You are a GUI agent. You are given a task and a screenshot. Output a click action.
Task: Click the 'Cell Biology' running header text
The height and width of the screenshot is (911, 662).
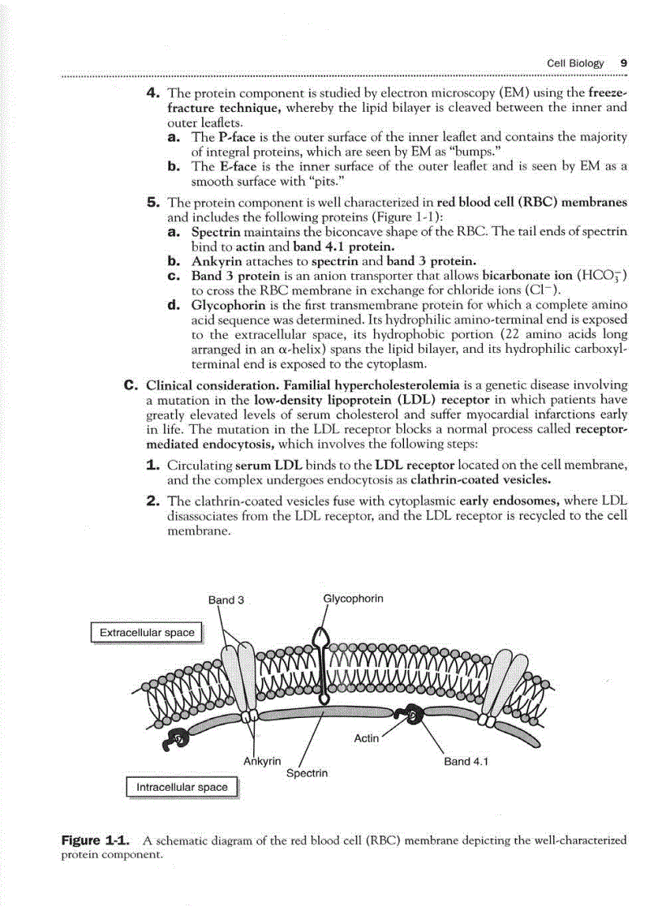pos(575,62)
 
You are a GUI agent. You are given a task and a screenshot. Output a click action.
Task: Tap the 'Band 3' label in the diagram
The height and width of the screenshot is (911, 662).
pos(226,600)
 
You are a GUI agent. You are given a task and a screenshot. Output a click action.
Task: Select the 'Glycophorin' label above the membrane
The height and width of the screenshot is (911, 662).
pos(353,599)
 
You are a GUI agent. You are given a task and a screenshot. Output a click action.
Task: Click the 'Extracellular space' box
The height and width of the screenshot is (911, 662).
pos(147,632)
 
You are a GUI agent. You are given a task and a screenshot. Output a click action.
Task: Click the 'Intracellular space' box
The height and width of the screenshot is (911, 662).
pos(182,787)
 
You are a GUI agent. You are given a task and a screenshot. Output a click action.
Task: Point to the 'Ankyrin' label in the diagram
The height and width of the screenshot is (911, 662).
pos(262,760)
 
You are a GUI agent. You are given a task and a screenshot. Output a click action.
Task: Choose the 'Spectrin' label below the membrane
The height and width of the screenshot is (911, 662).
pos(307,773)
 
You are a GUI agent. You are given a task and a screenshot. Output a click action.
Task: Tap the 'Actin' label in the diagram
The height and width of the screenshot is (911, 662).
pos(367,738)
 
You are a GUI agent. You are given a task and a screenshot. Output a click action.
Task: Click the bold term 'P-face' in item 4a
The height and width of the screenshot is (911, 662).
pos(236,137)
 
